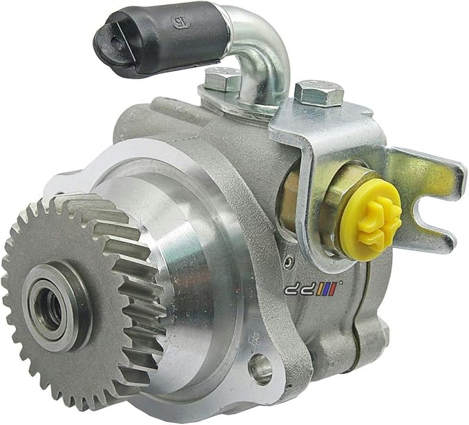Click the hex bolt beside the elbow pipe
(x=222, y=82)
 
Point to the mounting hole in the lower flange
(x=260, y=370)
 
